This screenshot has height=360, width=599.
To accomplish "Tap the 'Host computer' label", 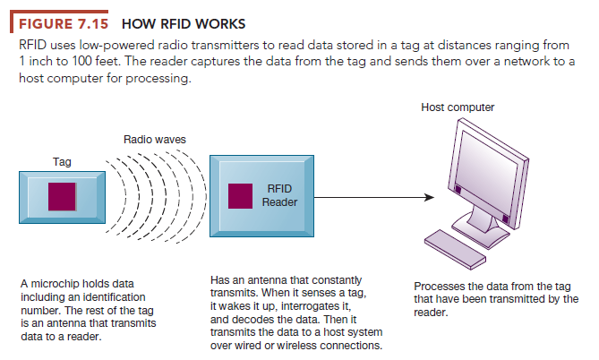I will point(457,107).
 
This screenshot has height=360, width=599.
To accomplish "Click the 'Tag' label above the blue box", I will point(62,162).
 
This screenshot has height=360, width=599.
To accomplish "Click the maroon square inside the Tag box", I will point(63,195).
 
